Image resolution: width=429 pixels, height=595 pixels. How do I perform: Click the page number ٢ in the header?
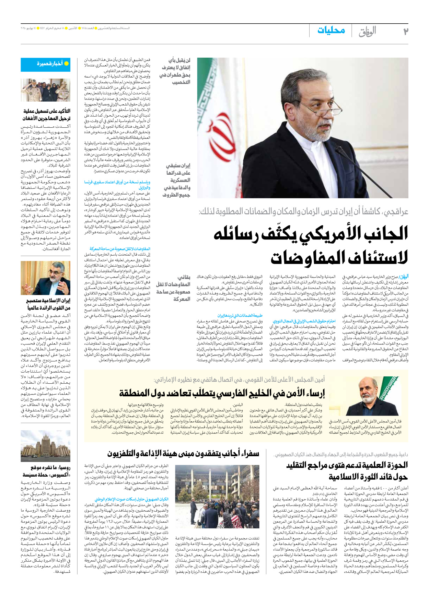click(406, 31)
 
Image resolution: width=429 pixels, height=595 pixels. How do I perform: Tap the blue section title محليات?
click(331, 30)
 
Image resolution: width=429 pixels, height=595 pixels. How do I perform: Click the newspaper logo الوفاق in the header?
click(367, 31)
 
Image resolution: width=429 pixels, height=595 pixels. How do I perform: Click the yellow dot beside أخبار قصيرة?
click(67, 63)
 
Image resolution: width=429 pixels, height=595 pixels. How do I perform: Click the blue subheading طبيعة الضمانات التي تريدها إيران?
click(240, 316)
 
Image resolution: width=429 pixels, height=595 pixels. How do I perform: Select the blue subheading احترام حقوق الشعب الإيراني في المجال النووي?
click(304, 321)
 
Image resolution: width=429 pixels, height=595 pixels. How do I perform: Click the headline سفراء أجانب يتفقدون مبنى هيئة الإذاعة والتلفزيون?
click(183, 454)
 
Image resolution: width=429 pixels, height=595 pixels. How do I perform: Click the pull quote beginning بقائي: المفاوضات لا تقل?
click(173, 288)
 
